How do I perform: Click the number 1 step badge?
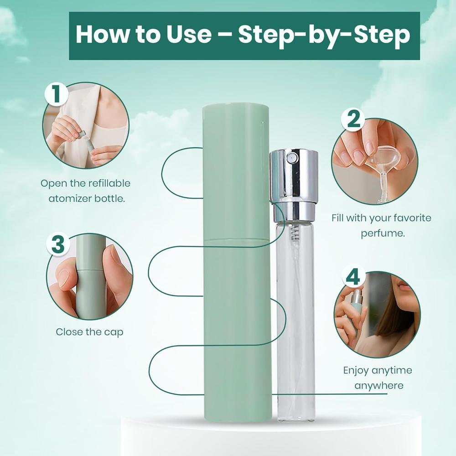click(x=57, y=95)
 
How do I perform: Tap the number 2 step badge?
click(x=354, y=119)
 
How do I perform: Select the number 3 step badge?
click(x=58, y=245)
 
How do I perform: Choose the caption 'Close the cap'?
click(x=89, y=332)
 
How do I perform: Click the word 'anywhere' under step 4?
click(x=379, y=385)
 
